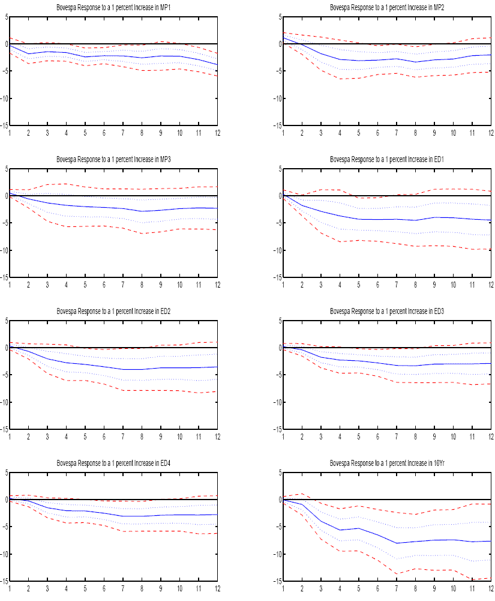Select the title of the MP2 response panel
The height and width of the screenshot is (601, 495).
pyautogui.click(x=387, y=7)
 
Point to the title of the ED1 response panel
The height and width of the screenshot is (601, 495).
pyautogui.click(x=387, y=159)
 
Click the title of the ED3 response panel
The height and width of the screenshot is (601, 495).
pyautogui.click(x=387, y=311)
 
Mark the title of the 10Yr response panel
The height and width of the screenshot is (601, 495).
pyautogui.click(x=387, y=463)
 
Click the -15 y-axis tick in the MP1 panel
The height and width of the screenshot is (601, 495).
pyautogui.click(x=5, y=125)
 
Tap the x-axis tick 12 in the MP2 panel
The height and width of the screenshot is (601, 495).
pyautogui.click(x=490, y=133)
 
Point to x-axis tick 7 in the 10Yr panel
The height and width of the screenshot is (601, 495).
pyautogui.click(x=396, y=588)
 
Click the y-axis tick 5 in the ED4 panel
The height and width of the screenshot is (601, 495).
pyautogui.click(x=7, y=473)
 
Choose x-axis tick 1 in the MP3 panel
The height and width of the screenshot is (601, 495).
pyautogui.click(x=10, y=285)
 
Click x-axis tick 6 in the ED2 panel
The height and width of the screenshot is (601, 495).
pyautogui.click(x=104, y=436)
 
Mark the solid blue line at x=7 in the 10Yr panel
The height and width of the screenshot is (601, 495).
pyautogui.click(x=396, y=543)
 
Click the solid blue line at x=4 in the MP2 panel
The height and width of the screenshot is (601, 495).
pyautogui.click(x=340, y=59)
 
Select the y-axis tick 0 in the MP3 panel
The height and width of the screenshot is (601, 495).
pyautogui.click(x=7, y=196)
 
